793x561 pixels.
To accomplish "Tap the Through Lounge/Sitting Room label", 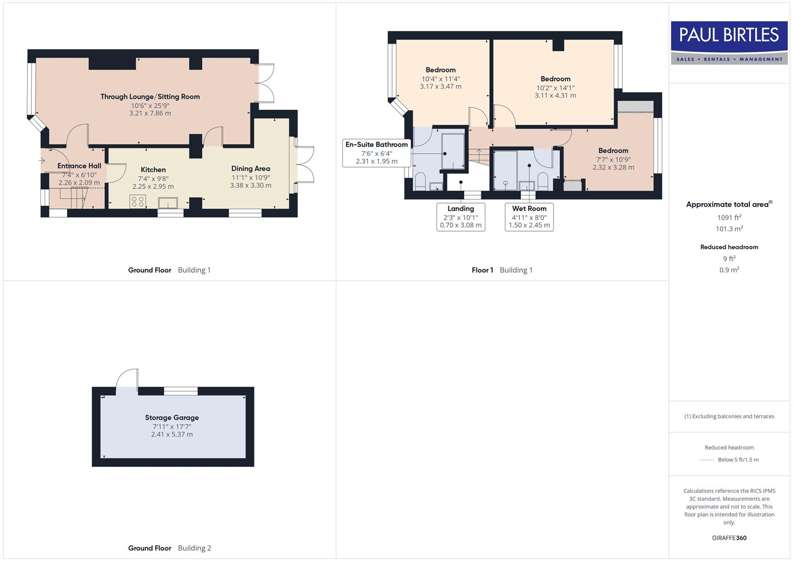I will [150, 97].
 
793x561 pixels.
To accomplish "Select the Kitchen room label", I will [153, 170].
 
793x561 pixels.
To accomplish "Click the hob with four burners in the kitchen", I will [138, 202].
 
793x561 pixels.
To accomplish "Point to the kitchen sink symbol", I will [168, 202].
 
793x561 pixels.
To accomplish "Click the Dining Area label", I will [250, 169].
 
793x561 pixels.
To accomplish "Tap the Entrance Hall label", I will [79, 166].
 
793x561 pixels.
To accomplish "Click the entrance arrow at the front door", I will [42, 161].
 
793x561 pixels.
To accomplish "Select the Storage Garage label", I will [172, 418].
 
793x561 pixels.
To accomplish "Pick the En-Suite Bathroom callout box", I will [377, 153].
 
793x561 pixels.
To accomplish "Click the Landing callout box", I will [461, 217].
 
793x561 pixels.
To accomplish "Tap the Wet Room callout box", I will [529, 217].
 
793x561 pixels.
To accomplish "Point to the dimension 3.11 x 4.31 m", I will [555, 96].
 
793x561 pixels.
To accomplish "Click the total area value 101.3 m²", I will [729, 229].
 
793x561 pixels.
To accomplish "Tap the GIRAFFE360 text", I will [729, 538].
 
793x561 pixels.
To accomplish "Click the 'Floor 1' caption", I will [482, 270].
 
